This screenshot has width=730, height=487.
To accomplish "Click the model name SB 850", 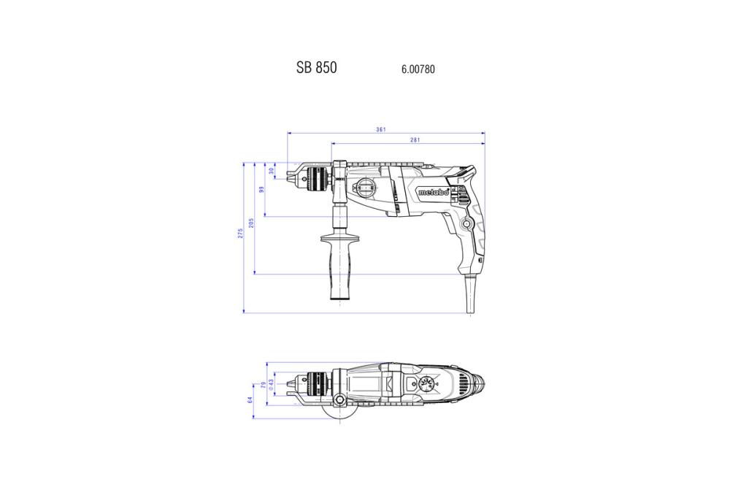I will tap(316, 67).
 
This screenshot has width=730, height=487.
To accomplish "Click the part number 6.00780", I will tap(418, 69).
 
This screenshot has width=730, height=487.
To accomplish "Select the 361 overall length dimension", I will tap(381, 129).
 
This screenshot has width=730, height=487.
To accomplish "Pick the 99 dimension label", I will tap(261, 189).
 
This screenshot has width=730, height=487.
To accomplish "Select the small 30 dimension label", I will tap(272, 170).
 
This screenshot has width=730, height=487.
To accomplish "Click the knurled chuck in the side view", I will tap(319, 176).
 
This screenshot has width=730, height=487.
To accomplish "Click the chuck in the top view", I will tap(318, 381).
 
